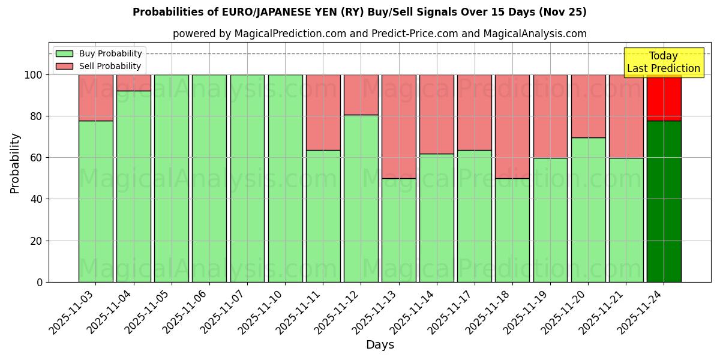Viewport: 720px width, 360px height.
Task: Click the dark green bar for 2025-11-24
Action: (664, 201)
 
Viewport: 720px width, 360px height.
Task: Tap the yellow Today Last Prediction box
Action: (664, 62)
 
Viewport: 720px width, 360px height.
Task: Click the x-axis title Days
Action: (380, 345)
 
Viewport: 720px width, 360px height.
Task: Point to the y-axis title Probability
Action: (15, 163)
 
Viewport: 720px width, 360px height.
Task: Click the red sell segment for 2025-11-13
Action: (398, 126)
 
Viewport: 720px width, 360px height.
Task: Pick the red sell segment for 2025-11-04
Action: (133, 83)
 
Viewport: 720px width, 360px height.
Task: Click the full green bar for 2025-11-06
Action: (209, 178)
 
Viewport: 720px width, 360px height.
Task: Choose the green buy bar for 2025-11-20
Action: (588, 209)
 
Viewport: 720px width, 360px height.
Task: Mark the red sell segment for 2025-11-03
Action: (95, 98)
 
